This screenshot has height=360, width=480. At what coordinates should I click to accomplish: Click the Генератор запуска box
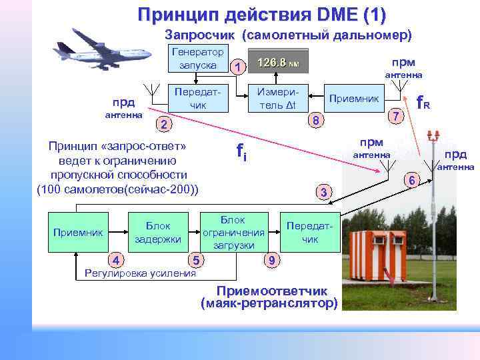click(197, 59)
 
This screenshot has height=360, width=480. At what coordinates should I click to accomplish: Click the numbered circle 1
click(237, 66)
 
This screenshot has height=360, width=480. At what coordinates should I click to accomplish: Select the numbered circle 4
click(115, 259)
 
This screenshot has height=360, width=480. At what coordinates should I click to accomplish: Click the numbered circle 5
click(195, 259)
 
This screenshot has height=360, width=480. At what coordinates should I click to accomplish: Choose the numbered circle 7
click(395, 116)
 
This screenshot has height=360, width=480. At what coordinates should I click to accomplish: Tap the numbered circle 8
click(318, 121)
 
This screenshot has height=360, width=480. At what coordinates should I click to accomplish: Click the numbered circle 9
click(271, 259)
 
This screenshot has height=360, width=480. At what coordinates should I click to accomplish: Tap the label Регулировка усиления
click(136, 273)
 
